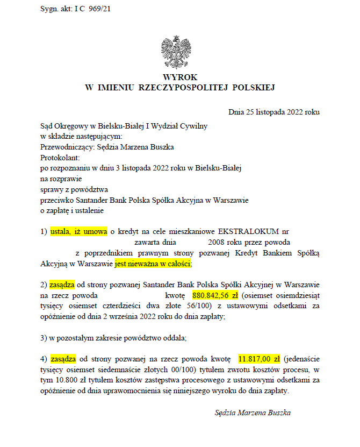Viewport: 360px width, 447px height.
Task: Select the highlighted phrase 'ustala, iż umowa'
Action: click(x=79, y=232)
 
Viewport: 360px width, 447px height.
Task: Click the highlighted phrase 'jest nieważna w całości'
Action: click(x=153, y=264)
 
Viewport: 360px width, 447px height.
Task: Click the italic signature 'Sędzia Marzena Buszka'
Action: click(x=253, y=413)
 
